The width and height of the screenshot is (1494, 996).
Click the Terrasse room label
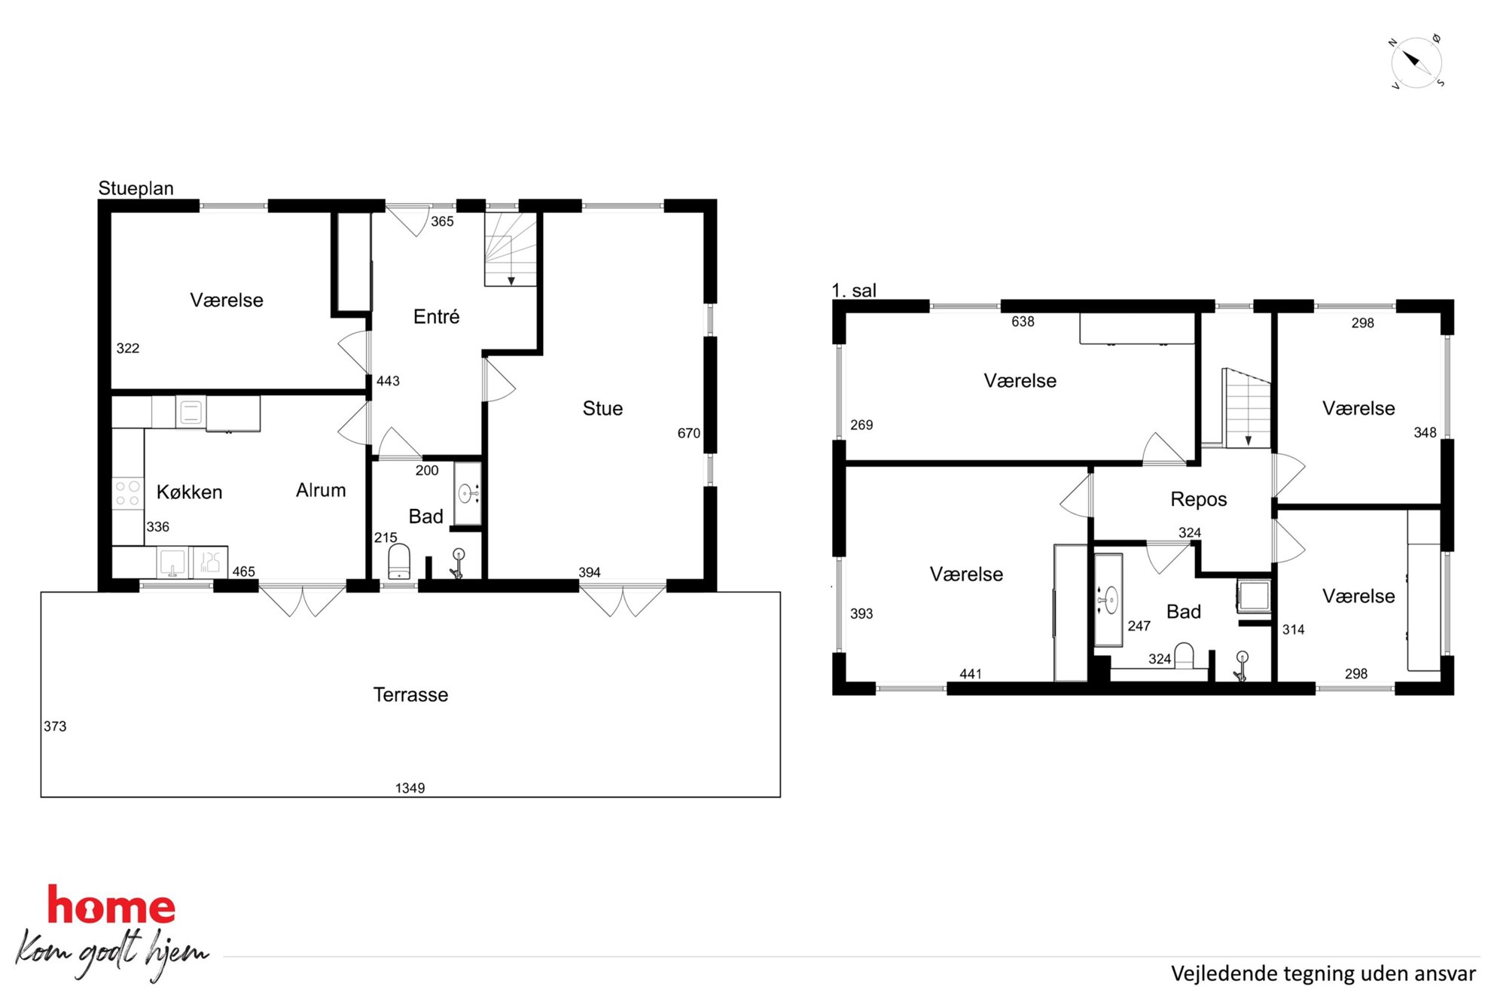(410, 694)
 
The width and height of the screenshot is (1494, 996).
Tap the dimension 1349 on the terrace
(410, 788)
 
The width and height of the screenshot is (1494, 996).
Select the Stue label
(602, 408)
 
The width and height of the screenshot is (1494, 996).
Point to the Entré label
(436, 316)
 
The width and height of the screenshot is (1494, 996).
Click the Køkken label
(189, 492)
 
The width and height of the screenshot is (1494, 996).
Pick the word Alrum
(321, 490)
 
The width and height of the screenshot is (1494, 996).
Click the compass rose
(1416, 62)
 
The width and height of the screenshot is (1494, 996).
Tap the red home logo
(111, 906)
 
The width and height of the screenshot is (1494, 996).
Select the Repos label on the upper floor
(1198, 499)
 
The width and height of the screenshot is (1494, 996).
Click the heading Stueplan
(136, 188)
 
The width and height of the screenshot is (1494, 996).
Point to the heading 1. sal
(854, 290)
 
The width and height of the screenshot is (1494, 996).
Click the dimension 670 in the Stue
(688, 433)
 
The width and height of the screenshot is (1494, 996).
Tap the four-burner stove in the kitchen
(127, 493)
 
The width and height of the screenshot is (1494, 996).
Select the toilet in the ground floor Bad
(399, 562)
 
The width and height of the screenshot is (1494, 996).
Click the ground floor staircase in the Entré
(511, 248)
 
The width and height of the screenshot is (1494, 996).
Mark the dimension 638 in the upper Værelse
(1023, 321)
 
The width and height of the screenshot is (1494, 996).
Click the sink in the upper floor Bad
(1108, 600)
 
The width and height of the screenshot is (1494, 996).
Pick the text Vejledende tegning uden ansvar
(1323, 973)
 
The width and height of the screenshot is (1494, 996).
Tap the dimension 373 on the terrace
(55, 726)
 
